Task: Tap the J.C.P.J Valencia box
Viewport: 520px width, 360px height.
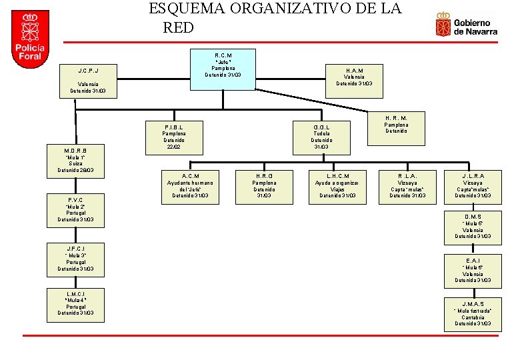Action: (88, 81)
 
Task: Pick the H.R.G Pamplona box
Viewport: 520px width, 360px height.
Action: (264, 186)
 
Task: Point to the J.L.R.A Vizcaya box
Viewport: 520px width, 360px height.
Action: (473, 186)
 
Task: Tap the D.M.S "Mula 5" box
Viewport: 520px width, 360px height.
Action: (473, 226)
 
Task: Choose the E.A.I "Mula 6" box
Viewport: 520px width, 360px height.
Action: (473, 271)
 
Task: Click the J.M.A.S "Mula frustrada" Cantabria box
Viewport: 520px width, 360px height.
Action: (473, 314)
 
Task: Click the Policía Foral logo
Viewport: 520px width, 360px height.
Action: (31, 39)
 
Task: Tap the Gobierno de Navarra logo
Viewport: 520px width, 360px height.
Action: (467, 25)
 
